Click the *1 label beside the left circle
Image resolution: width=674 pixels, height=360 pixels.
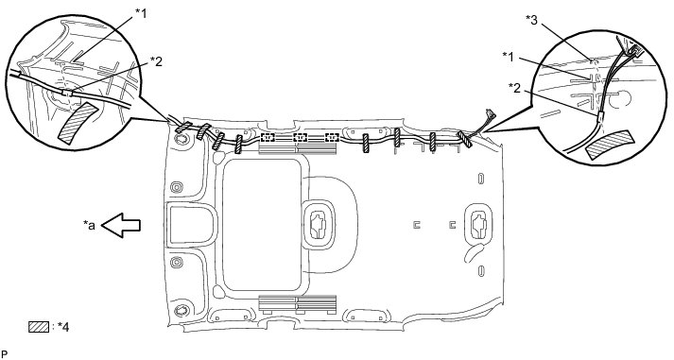tap(141, 14)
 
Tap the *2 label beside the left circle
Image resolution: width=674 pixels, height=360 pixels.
tap(156, 61)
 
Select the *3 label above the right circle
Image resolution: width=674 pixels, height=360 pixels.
tap(531, 20)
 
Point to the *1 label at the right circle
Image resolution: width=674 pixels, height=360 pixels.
tap(509, 57)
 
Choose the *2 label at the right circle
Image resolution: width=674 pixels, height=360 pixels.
tap(514, 88)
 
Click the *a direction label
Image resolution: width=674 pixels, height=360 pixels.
tap(89, 225)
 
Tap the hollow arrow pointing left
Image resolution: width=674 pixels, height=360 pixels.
tap(121, 225)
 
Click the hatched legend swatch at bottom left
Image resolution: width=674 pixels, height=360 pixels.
tap(39, 327)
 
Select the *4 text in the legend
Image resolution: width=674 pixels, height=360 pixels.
tap(62, 327)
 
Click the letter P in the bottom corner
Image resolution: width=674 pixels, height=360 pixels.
tap(5, 354)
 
